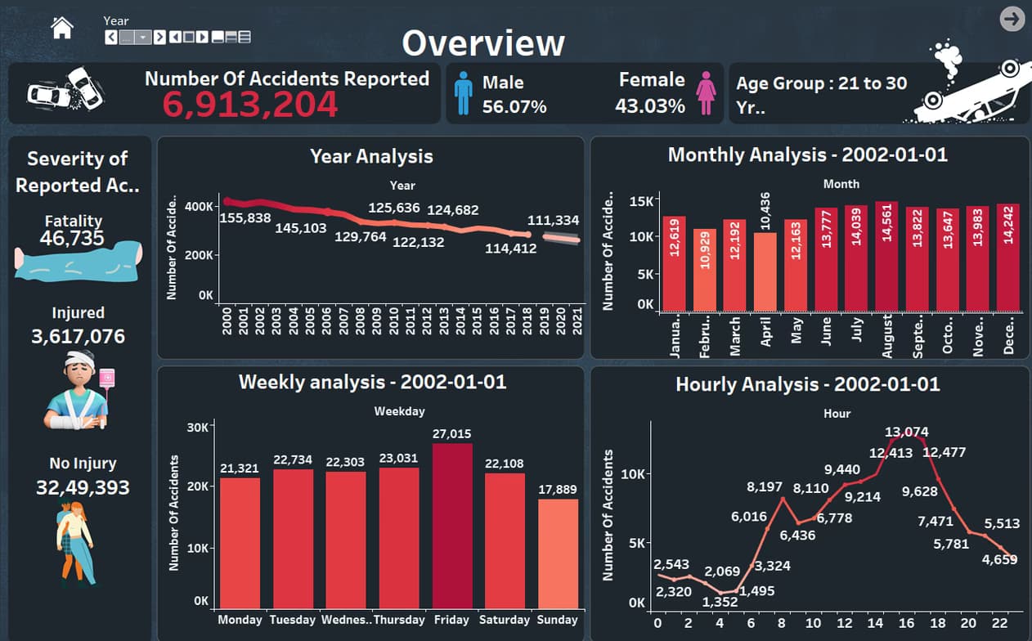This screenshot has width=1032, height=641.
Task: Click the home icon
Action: tap(62, 28)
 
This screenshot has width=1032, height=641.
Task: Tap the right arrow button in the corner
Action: tap(1012, 19)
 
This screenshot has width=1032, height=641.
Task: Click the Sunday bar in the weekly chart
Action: tap(558, 553)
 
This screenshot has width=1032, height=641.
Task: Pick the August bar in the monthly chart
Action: tap(886, 257)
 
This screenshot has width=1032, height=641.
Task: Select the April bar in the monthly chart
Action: tap(765, 271)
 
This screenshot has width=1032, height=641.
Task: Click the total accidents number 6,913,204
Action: tap(249, 105)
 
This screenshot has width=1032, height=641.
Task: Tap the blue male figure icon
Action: tap(464, 92)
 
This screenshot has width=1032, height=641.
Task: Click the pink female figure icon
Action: tap(706, 92)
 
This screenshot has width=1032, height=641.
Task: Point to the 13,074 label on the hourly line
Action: tap(907, 432)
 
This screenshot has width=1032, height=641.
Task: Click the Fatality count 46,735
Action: tap(74, 238)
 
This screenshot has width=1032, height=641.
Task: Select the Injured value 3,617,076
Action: tap(78, 336)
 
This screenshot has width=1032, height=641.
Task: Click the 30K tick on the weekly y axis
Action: tap(198, 426)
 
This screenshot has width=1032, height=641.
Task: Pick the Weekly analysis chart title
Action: tap(372, 382)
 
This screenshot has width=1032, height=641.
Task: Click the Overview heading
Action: tap(482, 43)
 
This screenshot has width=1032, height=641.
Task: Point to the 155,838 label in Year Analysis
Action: tap(245, 217)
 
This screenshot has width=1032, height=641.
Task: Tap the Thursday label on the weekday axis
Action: tap(398, 620)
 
